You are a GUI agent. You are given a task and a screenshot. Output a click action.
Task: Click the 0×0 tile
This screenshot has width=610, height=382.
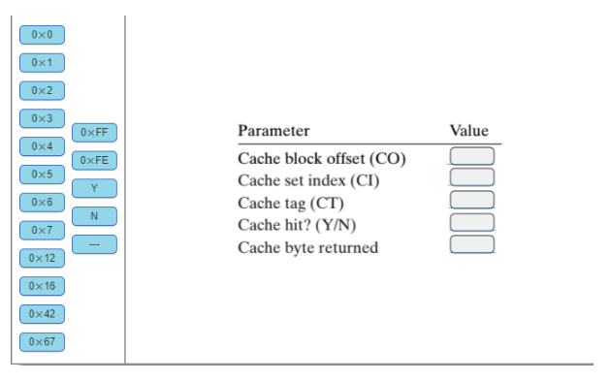click(x=42, y=35)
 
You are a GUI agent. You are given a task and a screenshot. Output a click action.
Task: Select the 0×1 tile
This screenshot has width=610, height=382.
click(x=42, y=63)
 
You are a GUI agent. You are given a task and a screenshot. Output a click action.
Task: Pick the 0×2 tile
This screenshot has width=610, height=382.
click(x=42, y=91)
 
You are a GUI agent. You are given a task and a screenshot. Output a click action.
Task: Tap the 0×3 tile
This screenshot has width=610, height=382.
click(x=42, y=118)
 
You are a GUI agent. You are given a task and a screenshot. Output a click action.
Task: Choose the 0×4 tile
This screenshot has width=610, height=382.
click(x=42, y=146)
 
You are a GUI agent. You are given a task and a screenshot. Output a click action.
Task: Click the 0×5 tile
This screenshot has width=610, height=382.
click(x=42, y=175)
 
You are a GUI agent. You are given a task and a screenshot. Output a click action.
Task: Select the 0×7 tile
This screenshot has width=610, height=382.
click(x=42, y=230)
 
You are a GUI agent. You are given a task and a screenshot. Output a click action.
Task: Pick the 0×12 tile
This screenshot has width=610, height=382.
click(x=42, y=258)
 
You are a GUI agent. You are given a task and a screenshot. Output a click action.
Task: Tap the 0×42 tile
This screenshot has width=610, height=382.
click(x=42, y=313)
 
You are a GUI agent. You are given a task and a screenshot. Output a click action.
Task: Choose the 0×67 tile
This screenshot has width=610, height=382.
click(x=42, y=341)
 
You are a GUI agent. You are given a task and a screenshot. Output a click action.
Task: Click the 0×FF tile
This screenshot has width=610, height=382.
click(x=94, y=132)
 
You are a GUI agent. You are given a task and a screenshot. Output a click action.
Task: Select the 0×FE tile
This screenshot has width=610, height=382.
click(x=94, y=160)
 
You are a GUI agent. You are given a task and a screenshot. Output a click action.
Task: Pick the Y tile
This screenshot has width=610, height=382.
click(x=94, y=187)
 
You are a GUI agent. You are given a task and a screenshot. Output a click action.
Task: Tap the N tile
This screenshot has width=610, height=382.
click(x=94, y=215)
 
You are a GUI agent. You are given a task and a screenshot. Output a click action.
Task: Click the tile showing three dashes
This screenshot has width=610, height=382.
click(x=94, y=243)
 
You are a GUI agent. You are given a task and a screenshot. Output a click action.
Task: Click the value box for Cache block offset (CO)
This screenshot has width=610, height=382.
click(x=472, y=156)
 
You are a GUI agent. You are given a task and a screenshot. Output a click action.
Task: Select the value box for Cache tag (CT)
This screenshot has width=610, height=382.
click(x=472, y=201)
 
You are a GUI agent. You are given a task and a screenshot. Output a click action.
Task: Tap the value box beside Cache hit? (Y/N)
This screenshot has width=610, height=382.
click(x=472, y=223)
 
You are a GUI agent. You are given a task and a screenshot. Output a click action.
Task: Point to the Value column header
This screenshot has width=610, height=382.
click(x=468, y=130)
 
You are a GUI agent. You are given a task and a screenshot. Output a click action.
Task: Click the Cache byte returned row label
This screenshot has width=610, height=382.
click(x=309, y=247)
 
